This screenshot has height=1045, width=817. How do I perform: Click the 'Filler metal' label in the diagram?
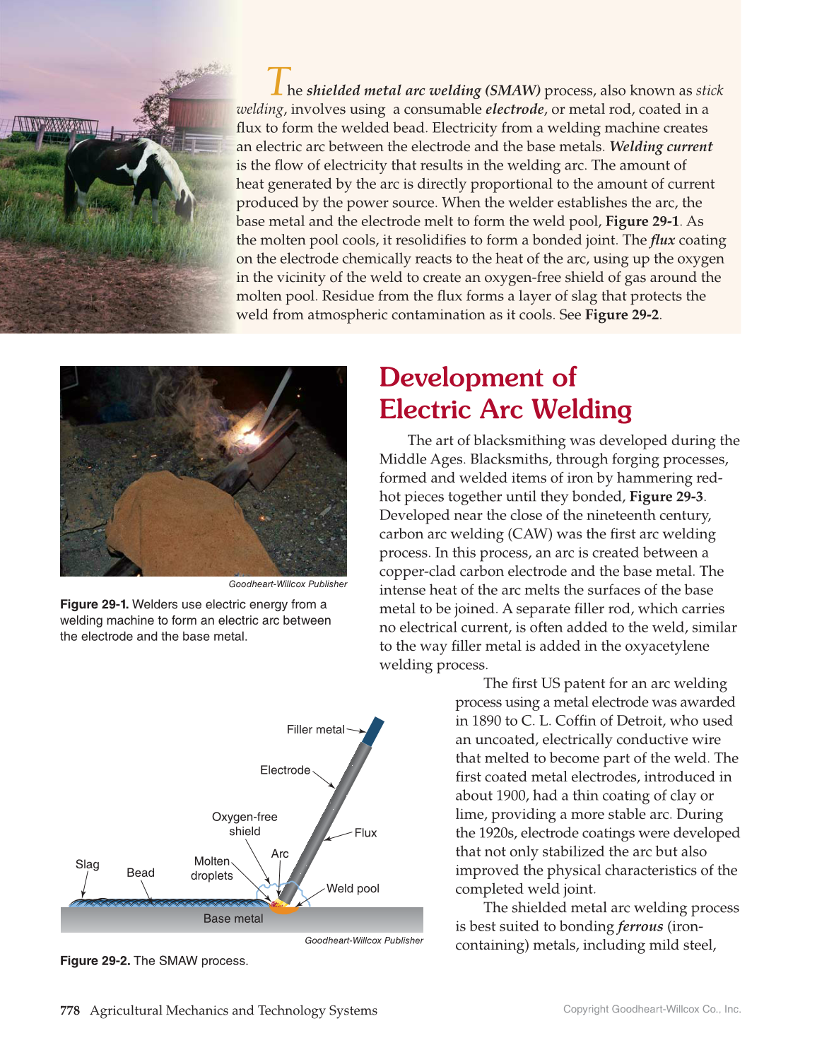tap(315, 730)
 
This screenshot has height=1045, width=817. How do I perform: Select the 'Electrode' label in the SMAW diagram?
tap(285, 770)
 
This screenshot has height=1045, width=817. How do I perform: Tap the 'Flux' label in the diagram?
tap(365, 833)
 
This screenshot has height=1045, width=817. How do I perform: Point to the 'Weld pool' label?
tap(353, 889)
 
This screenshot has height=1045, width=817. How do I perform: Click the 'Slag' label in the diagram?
tap(88, 865)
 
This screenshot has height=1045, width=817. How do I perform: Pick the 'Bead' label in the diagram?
tap(141, 873)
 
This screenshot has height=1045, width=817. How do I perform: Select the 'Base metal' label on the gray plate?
tap(233, 919)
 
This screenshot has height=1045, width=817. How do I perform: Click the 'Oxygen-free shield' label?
tap(245, 824)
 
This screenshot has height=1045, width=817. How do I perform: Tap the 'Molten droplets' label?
tap(212, 868)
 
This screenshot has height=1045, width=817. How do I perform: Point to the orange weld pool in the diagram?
tap(285, 909)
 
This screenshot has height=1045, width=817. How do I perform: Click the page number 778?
tap(70, 1010)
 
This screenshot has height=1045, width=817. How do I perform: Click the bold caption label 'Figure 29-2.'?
tap(95, 961)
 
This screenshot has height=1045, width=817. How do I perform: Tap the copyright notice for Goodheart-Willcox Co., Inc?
tap(652, 1010)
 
